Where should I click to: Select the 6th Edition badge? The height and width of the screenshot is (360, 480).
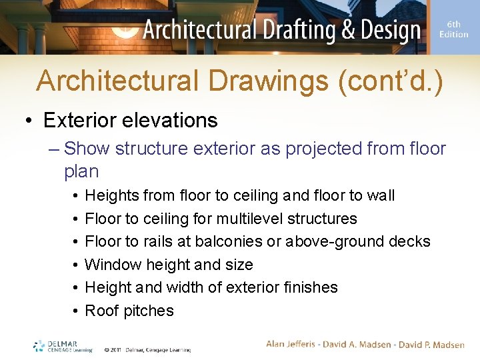[x=453, y=29]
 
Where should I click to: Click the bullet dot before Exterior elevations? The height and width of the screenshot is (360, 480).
[x=30, y=121]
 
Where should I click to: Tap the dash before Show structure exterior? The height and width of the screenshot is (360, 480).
[x=54, y=148]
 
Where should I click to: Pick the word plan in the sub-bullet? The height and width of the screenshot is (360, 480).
[x=81, y=171]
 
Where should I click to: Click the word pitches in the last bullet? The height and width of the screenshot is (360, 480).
[x=149, y=311]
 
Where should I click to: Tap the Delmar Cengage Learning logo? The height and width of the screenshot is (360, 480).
[x=63, y=347]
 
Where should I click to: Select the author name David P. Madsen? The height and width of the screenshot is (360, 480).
[x=431, y=344]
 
